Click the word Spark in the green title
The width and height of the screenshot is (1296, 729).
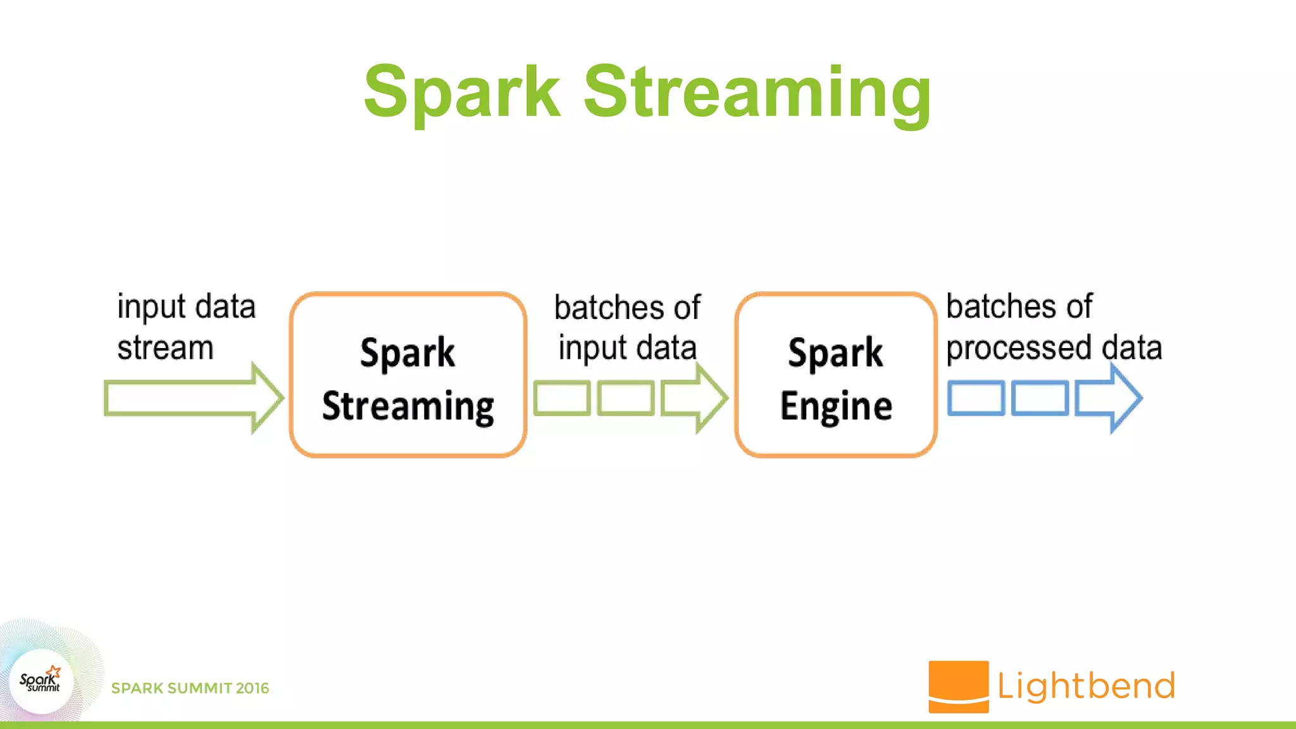point(462,92)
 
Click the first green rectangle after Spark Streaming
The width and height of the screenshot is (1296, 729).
point(562,398)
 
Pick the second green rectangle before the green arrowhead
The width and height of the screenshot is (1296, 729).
point(625,398)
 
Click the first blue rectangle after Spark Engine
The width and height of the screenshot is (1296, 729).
point(976,398)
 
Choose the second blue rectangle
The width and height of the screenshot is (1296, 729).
point(1040,398)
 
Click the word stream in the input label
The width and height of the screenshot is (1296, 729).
point(165,348)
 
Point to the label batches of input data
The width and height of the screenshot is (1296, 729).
point(627,328)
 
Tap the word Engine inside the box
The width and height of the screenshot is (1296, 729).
point(836,406)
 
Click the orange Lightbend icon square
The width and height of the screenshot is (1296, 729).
point(958,686)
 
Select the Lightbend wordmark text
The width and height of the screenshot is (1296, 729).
point(1086,686)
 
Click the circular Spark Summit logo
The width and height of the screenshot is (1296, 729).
point(40,682)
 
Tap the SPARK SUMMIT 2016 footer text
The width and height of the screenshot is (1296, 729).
point(190,688)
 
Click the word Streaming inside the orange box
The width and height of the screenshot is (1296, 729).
point(408,406)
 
